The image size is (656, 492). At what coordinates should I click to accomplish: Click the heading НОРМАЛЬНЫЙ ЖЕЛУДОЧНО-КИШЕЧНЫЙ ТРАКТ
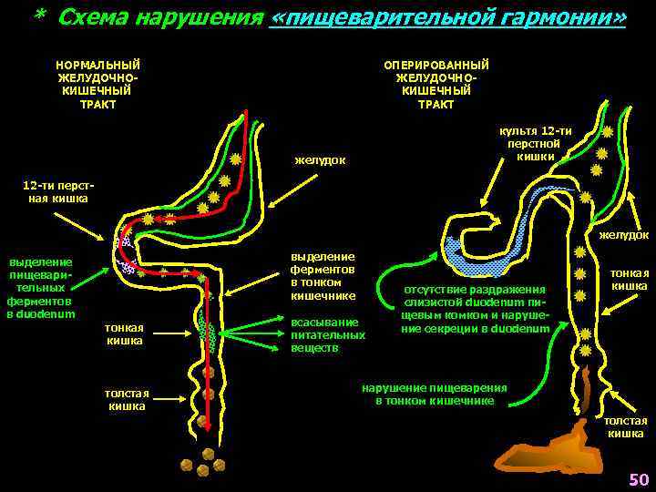(97, 84)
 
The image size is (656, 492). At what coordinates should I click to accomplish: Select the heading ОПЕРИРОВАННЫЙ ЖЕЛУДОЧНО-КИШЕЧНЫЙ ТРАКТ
(436, 84)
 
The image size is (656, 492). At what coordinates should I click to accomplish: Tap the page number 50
(638, 479)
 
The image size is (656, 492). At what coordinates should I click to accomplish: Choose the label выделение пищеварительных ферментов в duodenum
(40, 289)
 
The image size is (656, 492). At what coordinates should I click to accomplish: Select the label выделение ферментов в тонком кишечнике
(323, 276)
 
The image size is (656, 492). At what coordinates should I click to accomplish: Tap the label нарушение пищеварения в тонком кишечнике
(435, 394)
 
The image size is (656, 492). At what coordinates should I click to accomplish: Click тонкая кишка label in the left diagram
(124, 333)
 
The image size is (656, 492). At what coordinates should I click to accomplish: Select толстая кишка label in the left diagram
(127, 400)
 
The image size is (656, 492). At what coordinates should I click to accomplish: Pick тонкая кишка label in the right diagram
(629, 280)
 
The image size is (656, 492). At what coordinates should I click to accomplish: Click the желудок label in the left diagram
(320, 161)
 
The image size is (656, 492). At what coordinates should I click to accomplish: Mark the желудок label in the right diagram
(624, 235)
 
